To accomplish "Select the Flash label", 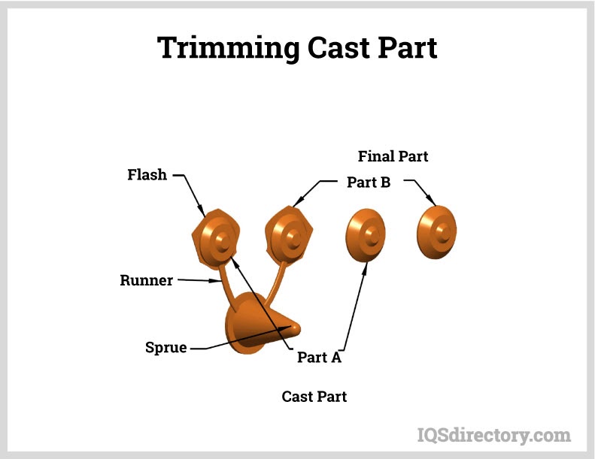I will pyautogui.click(x=147, y=175).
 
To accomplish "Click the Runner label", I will pyautogui.click(x=146, y=280).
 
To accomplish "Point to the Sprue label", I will pyautogui.click(x=165, y=348).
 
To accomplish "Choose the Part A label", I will pyautogui.click(x=319, y=358).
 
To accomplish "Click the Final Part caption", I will pyautogui.click(x=393, y=156).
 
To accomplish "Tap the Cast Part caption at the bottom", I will pyautogui.click(x=314, y=396).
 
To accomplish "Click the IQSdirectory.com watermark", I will pyautogui.click(x=493, y=434).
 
